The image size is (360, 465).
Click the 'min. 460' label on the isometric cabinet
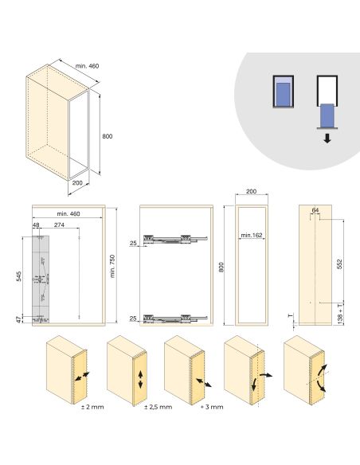click(87, 66)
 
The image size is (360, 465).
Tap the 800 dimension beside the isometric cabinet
click(107, 136)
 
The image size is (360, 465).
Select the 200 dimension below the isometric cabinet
click(77, 182)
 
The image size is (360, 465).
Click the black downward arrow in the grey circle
click(327, 139)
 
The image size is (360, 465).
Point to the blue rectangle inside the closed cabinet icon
click(284, 95)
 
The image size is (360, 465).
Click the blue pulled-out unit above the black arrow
click(327, 115)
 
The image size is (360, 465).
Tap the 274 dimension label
click(59, 225)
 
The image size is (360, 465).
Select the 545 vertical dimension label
click(18, 276)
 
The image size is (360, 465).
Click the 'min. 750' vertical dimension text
click(112, 266)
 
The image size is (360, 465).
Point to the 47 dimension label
click(18, 320)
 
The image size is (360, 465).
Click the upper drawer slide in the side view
click(175, 239)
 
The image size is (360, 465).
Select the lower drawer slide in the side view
click(175, 318)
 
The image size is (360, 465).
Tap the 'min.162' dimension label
click(252, 235)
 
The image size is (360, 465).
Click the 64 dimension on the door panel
click(315, 210)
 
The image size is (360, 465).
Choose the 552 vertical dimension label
click(340, 264)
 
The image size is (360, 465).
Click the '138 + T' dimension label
click(340, 313)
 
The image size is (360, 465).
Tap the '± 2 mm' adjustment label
click(92, 407)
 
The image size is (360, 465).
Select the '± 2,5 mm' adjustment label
click(158, 407)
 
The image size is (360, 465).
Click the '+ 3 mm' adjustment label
click(212, 407)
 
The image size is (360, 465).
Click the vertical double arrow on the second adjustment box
click(140, 380)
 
